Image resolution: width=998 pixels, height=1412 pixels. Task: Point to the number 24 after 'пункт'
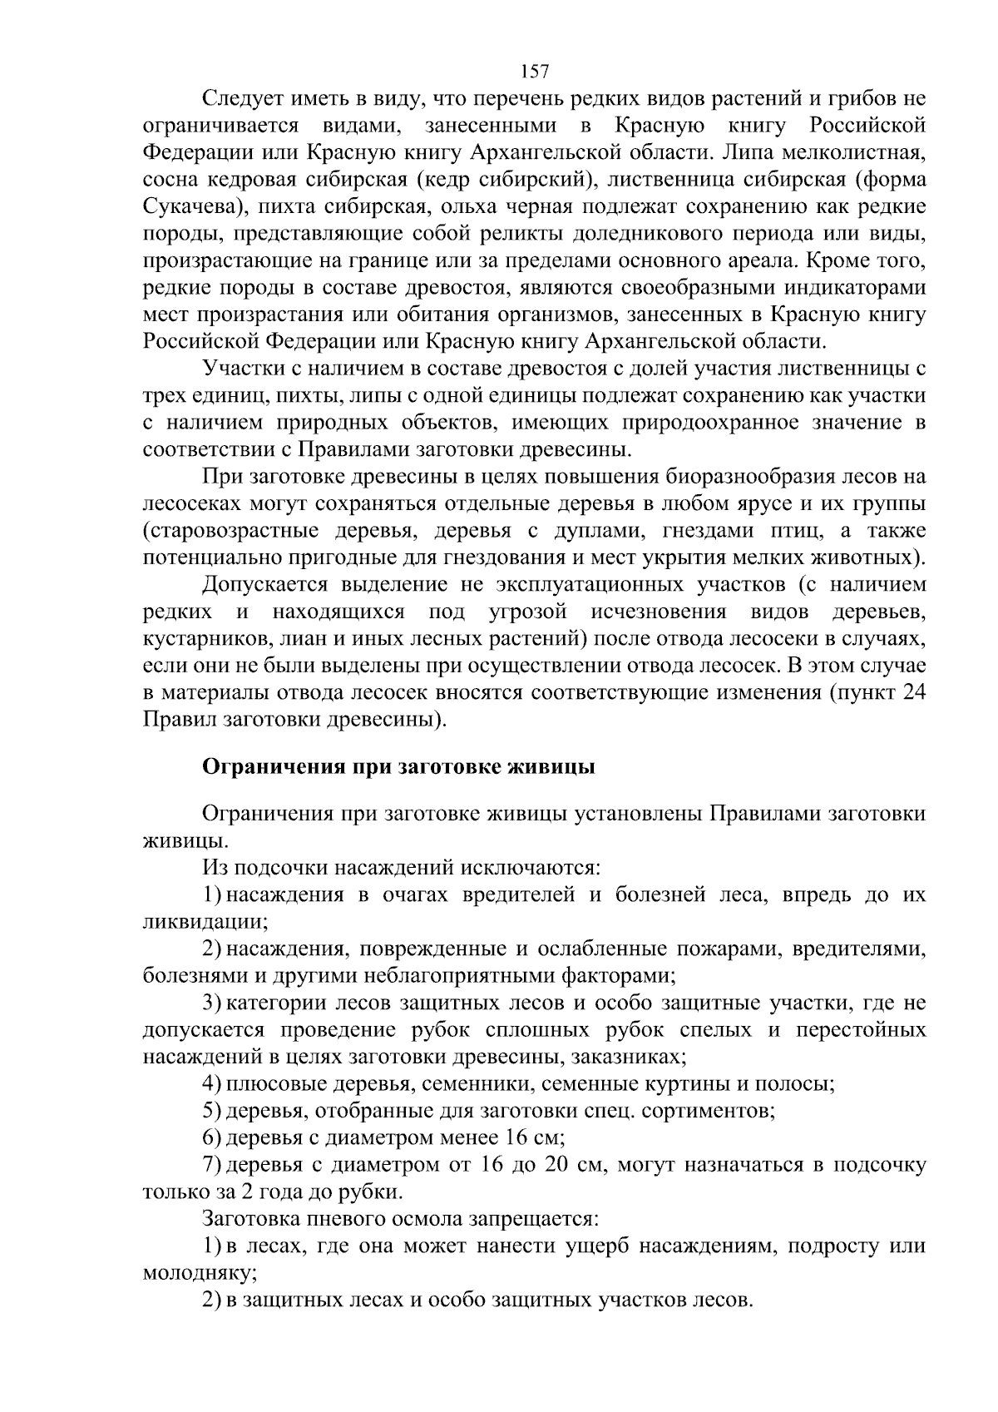coord(913,692)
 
